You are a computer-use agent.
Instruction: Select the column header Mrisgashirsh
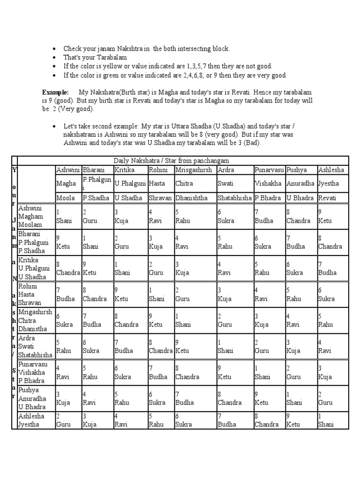[194, 170]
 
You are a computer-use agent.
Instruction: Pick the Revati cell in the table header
[328, 198]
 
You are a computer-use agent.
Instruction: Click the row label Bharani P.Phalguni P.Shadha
[33, 242]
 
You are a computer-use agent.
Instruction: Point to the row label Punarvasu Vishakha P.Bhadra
[33, 372]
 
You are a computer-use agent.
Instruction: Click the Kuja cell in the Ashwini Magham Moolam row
[122, 217]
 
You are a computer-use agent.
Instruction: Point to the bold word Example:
[55, 92]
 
